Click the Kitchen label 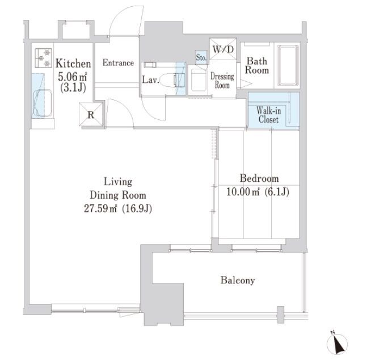(73, 64)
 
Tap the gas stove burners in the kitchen (43, 58)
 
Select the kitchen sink (43, 103)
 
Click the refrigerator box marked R (91, 115)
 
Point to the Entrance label (118, 63)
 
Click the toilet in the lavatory (172, 80)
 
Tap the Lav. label (150, 80)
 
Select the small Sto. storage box (201, 57)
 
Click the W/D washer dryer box (223, 49)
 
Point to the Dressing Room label (222, 81)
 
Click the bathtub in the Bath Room (288, 65)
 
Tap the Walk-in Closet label (268, 115)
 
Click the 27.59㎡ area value (101, 208)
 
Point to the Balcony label (238, 280)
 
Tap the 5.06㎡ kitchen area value (73, 77)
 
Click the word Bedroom (259, 178)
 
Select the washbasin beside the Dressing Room (199, 80)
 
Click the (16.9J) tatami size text (137, 208)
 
